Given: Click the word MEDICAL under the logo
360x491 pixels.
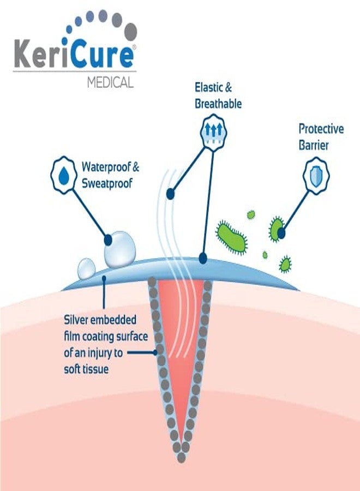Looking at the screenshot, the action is tap(110, 83).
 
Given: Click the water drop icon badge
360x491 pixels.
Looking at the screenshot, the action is tap(64, 175).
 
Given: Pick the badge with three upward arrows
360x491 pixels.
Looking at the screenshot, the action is tap(213, 131).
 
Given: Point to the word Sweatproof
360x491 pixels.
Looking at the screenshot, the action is tap(107, 183).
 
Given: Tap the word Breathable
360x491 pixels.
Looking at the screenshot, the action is tap(218, 104).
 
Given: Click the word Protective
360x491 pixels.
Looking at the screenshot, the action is tap(321, 129).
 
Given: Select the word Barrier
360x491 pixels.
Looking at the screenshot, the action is tap(313, 145).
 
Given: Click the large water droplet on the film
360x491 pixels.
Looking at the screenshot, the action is tap(120, 249).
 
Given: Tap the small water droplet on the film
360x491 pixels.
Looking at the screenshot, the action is tap(86, 269).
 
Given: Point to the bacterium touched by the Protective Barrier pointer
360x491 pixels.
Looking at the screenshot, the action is tap(277, 230).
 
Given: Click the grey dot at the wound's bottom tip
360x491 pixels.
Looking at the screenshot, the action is tap(181, 458).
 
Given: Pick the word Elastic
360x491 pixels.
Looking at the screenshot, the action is tap(209, 87).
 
